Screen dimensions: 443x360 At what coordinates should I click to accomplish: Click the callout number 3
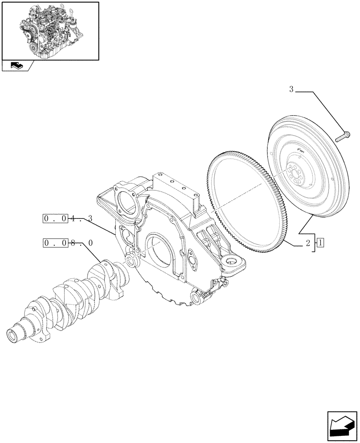(x=291, y=90)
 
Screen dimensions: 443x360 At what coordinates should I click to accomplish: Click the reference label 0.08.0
(x=68, y=243)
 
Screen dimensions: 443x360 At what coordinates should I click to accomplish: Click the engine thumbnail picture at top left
(x=50, y=31)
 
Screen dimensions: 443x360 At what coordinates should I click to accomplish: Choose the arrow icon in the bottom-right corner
(x=342, y=427)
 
